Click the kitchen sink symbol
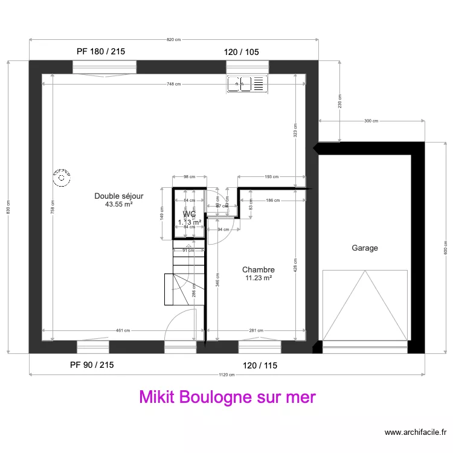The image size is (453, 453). (246, 84)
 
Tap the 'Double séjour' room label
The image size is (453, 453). (118, 196)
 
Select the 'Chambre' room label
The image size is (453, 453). (259, 270)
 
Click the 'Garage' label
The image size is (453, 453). (365, 248)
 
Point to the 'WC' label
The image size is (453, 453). (189, 214)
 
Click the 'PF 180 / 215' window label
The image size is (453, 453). (101, 52)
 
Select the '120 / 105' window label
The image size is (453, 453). (242, 52)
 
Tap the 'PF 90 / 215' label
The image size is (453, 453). (92, 365)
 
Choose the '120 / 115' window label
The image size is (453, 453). (260, 365)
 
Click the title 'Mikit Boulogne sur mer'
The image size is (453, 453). (228, 397)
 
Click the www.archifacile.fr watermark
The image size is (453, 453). (416, 432)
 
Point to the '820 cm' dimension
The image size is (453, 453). (174, 40)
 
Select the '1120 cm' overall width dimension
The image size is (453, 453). (226, 375)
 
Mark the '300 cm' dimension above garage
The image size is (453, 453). (371, 121)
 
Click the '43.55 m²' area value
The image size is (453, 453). (118, 205)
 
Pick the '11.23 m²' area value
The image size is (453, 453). (259, 278)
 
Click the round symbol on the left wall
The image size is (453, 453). (61, 177)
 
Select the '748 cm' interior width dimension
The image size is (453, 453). (174, 84)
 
